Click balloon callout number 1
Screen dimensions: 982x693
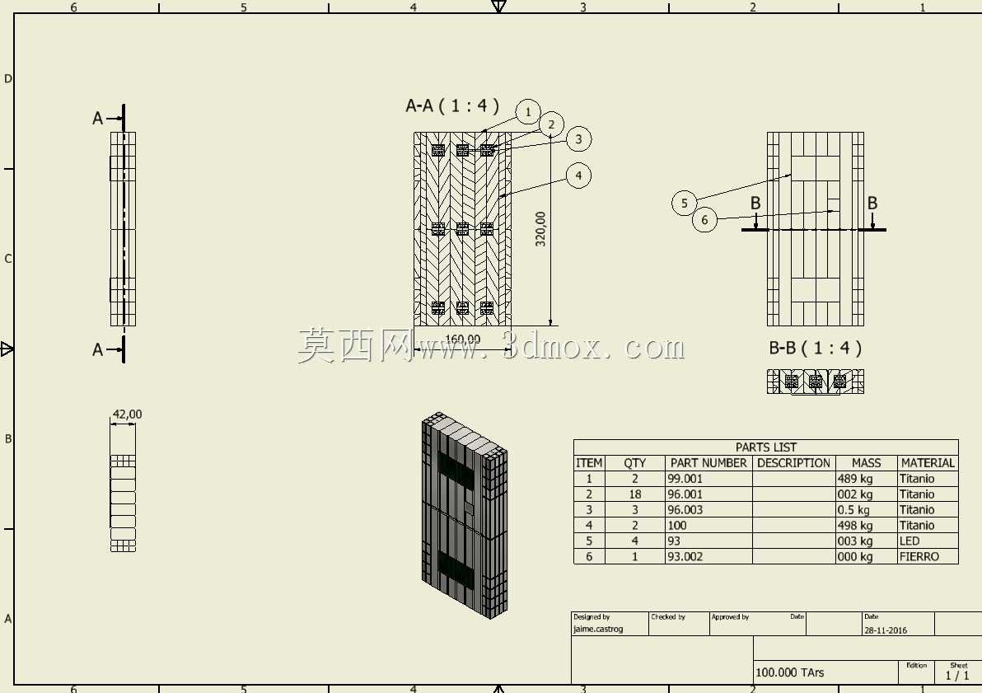click(x=528, y=112)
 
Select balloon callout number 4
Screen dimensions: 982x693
click(x=578, y=176)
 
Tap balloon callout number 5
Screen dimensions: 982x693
click(x=684, y=203)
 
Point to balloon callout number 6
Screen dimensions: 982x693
click(x=704, y=220)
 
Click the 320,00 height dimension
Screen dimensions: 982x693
click(x=540, y=229)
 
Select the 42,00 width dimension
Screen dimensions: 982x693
click(x=127, y=414)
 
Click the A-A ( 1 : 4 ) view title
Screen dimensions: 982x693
click(x=452, y=105)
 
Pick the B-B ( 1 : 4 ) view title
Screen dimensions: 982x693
click(x=816, y=348)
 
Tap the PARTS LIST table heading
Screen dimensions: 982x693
click(x=766, y=447)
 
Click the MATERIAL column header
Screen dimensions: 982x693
click(x=928, y=463)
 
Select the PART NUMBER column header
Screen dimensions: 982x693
click(x=708, y=463)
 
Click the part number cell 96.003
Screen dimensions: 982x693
click(x=685, y=510)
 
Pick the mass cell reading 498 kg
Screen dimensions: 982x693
click(x=855, y=526)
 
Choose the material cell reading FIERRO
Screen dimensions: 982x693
click(x=919, y=556)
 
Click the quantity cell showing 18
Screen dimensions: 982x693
click(x=635, y=494)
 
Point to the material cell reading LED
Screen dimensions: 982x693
click(x=910, y=541)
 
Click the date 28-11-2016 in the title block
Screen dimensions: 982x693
click(x=886, y=630)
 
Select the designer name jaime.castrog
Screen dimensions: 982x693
click(x=598, y=629)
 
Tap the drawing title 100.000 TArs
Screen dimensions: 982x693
click(x=790, y=672)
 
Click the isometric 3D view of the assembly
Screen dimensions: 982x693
click(x=465, y=516)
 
